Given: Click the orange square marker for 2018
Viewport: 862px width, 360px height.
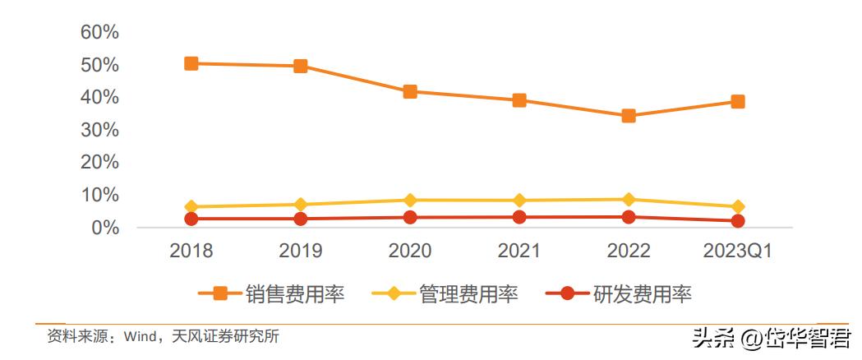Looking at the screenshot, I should tap(191, 63).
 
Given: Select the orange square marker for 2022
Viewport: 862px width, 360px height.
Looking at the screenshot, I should tap(629, 116).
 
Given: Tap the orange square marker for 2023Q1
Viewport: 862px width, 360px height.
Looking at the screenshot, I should tap(738, 102).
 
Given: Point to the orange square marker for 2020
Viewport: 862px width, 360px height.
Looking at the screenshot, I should tap(410, 91).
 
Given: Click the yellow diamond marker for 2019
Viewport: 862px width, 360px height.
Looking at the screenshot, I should tap(301, 205).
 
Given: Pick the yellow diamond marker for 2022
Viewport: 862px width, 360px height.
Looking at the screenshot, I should tap(629, 200).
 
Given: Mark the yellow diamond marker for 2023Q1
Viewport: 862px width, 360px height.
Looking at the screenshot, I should tap(738, 207).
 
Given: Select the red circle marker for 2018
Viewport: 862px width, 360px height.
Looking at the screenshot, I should tap(191, 219).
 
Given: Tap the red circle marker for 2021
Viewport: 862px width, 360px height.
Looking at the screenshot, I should tap(519, 217).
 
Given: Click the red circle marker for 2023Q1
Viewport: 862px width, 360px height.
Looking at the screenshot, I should tap(738, 221).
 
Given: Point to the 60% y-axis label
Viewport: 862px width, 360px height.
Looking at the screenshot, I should tap(99, 32).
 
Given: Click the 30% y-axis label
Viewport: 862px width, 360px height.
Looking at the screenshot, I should tap(99, 130).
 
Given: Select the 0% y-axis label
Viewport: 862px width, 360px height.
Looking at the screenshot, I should tap(104, 228).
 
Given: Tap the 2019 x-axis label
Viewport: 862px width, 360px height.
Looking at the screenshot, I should tap(301, 251).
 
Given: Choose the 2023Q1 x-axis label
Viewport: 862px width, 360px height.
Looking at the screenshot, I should tap(738, 251).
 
